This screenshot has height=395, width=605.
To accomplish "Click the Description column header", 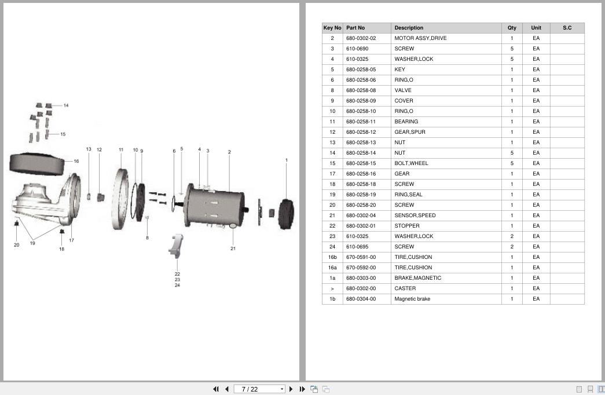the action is [x=409, y=28].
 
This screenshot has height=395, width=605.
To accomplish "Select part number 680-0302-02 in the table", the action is [x=361, y=38].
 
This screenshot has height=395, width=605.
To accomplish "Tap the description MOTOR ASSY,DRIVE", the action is [x=420, y=38].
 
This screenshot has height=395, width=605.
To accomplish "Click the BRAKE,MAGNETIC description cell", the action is [x=417, y=278].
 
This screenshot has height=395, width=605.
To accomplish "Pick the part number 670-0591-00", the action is [x=361, y=257].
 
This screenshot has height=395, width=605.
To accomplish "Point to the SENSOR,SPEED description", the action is [x=415, y=215].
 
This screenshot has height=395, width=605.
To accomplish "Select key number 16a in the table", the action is [x=332, y=268].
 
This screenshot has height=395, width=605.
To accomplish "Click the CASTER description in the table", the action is [x=405, y=288].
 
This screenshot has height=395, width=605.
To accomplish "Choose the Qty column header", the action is [x=512, y=28].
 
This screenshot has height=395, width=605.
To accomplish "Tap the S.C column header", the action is [x=567, y=28].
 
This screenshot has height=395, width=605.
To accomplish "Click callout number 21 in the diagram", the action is [x=233, y=248].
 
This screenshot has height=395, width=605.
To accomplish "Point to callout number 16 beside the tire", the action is [x=76, y=162].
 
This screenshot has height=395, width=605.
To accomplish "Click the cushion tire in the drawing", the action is [x=36, y=164].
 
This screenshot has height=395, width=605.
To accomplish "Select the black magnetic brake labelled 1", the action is [x=286, y=214].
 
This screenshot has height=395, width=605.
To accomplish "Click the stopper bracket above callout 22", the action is [x=176, y=246].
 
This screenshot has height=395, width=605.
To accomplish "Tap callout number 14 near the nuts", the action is [x=66, y=105].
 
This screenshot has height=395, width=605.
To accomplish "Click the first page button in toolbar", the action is [x=216, y=389].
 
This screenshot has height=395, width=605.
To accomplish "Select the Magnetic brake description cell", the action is [x=412, y=299].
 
